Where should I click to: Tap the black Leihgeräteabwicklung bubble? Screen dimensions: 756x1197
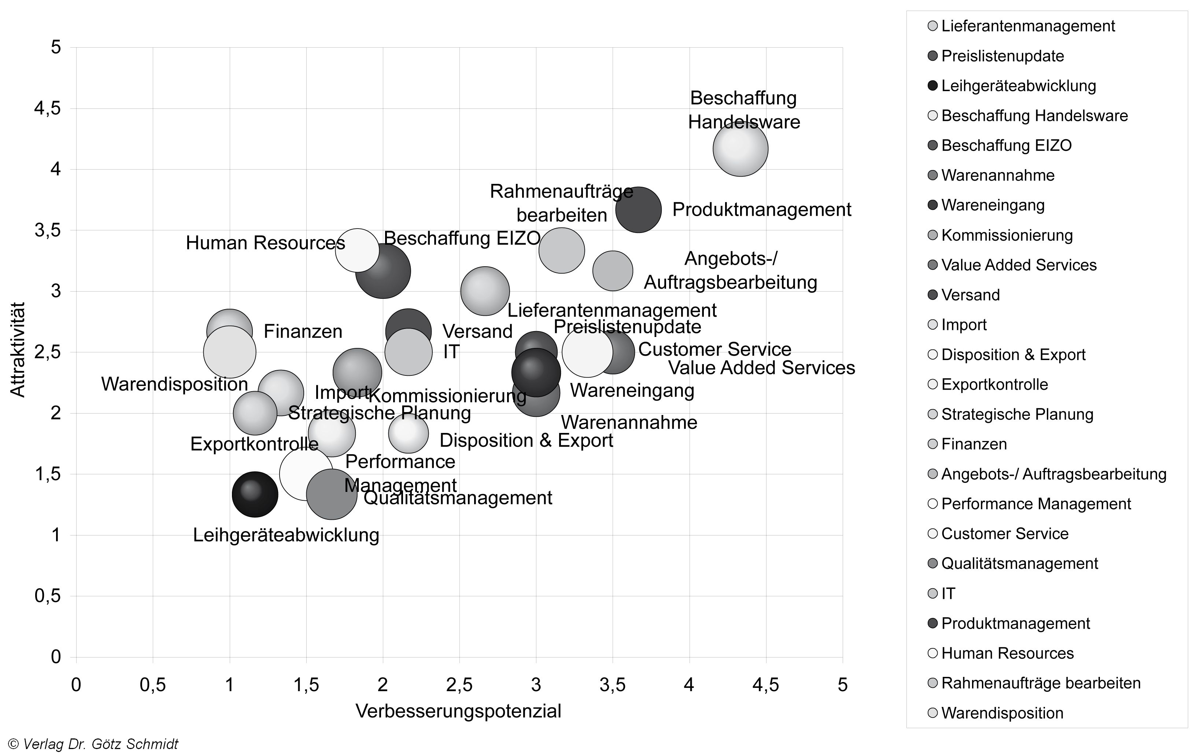pos(255,494)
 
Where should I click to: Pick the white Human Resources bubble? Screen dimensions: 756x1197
pos(357,251)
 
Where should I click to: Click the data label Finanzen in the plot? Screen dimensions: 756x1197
pos(303,331)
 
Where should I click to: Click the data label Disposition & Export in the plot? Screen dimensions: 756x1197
pos(526,440)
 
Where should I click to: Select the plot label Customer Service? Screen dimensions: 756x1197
pos(714,349)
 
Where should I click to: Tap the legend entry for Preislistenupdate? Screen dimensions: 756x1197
pos(1002,56)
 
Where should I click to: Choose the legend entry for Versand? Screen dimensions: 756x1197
pos(970,295)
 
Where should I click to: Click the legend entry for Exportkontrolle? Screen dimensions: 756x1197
pos(994,384)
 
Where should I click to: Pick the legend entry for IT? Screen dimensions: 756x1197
pos(948,593)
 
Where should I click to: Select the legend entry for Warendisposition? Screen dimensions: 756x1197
pos(1002,713)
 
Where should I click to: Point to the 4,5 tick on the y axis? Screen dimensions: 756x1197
pos(48,108)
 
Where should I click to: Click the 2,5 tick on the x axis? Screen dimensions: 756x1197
pos(459,685)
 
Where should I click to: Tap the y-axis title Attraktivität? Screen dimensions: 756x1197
pos(18,349)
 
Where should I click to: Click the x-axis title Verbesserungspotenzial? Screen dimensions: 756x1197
pos(458,711)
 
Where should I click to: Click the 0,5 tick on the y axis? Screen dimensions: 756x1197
pos(48,596)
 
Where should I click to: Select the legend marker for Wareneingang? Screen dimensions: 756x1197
pos(932,205)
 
